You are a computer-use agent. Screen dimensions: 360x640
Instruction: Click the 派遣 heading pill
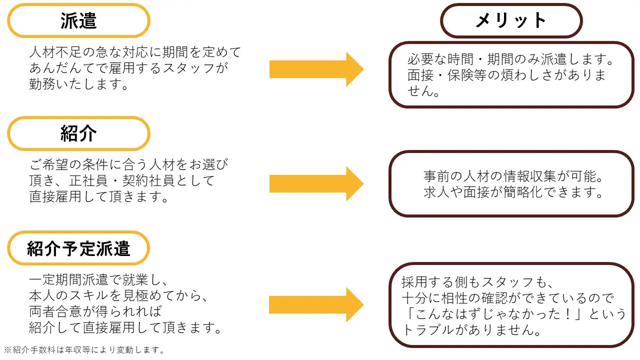tap(78, 20)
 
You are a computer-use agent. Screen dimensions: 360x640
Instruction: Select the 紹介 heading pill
tap(78, 133)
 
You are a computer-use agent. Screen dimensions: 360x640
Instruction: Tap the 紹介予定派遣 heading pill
tap(78, 248)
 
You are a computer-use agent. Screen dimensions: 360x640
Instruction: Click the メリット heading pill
tap(511, 20)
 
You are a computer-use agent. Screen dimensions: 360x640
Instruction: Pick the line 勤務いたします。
tap(79, 84)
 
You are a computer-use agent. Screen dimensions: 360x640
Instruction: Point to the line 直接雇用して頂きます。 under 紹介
tap(99, 196)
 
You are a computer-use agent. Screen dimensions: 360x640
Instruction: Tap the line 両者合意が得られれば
tap(95, 311)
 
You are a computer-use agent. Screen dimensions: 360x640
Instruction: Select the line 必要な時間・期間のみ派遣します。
tap(510, 60)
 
